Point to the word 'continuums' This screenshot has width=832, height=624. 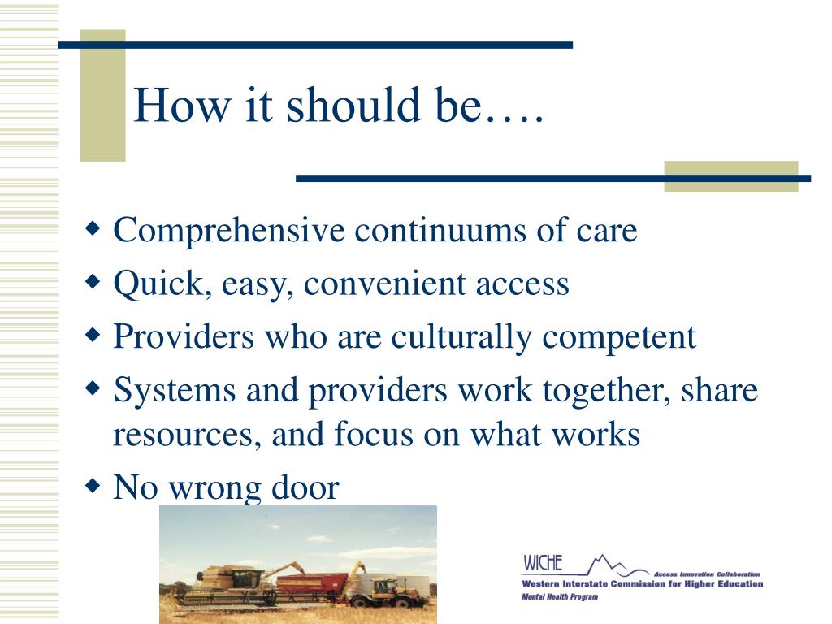pos(440,231)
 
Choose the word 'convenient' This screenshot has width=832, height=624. pos(385,284)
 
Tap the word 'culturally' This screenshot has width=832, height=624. pos(461,337)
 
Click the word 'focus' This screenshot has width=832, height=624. pos(374,434)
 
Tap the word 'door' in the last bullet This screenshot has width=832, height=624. pos(305,487)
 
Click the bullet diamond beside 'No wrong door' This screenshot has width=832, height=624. pos(93,486)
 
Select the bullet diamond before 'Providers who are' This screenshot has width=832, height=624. pos(93,336)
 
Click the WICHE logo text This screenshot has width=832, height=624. pos(543,562)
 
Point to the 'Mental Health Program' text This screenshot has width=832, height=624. pos(560,596)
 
